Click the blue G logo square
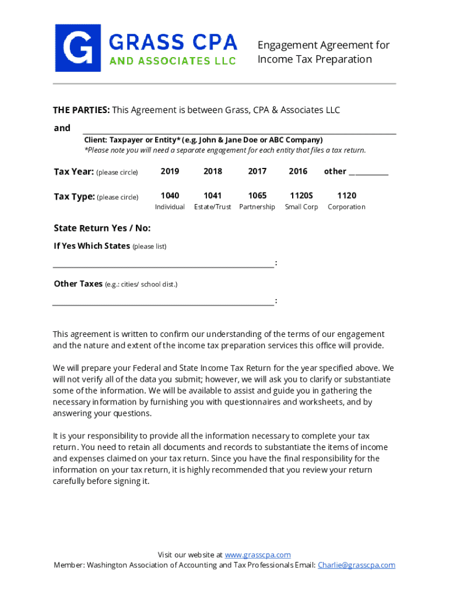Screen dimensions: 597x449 point(78,48)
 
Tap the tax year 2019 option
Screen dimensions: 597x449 point(170,171)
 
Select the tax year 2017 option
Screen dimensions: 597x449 point(257,171)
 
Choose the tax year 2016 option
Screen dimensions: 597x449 point(298,171)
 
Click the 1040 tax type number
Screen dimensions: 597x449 point(170,196)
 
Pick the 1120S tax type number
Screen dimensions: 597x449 point(301,196)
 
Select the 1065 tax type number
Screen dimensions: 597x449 point(257,196)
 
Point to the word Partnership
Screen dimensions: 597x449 point(257,207)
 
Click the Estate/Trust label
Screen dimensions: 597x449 point(212,207)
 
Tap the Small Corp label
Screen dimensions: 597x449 point(301,207)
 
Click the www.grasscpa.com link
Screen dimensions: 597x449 point(258,555)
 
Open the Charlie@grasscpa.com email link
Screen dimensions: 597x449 point(356,565)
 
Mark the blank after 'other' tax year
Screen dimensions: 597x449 point(369,173)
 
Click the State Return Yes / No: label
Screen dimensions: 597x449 point(102,228)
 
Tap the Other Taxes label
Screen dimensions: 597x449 point(78,284)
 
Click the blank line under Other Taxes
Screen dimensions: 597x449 point(163,303)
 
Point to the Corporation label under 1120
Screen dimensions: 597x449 point(346,207)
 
